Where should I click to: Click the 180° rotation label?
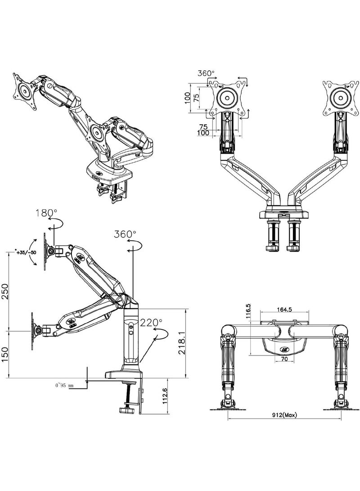46,213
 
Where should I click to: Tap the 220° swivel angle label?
151,323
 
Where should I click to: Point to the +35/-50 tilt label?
25,253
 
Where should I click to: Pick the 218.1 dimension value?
181,343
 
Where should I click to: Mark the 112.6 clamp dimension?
165,396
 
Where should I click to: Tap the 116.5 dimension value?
248,311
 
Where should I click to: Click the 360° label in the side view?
125,234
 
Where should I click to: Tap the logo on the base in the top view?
285,348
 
